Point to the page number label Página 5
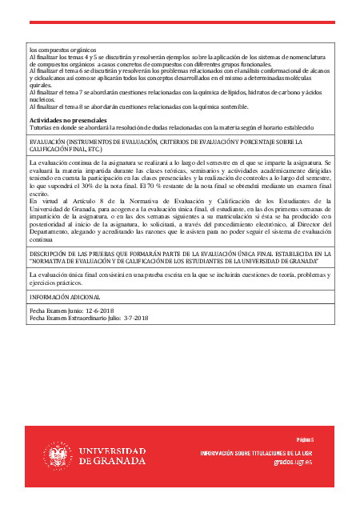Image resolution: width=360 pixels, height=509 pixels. coord(305,439)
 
